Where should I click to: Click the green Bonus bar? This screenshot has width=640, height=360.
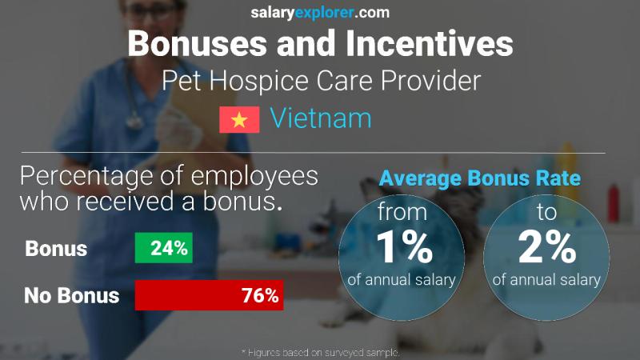(162, 249)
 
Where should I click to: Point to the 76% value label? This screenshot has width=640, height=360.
(260, 296)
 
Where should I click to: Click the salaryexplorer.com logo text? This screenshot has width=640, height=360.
(320, 12)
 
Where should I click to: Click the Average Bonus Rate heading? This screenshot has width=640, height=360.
(479, 178)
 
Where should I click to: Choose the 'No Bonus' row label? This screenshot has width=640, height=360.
(72, 296)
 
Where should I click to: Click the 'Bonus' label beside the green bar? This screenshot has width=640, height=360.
(56, 249)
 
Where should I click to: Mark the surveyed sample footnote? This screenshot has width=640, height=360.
(320, 353)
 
